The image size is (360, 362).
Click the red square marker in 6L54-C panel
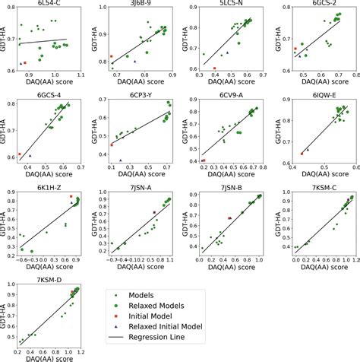25,62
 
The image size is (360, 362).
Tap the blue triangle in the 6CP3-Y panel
120,160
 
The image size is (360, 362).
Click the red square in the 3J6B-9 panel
111,57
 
